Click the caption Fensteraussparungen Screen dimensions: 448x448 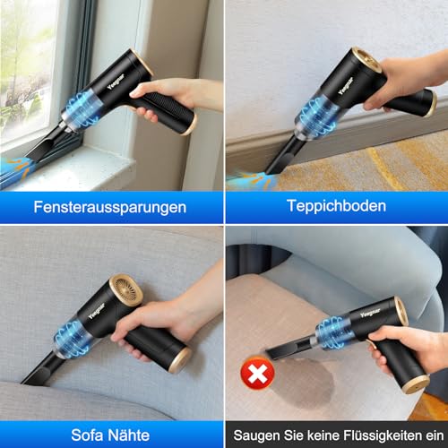point(110,207)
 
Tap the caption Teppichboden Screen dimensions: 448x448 point(336,206)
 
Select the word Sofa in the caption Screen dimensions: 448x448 point(88,435)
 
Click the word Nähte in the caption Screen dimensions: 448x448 point(129,435)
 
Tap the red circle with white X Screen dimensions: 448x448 point(257,373)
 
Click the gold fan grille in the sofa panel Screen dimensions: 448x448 point(126,290)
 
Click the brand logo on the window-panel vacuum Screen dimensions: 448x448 point(116,82)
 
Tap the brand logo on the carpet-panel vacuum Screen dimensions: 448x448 point(346,86)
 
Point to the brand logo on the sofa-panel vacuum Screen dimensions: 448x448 point(97,311)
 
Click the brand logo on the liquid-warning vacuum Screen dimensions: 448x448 point(370,313)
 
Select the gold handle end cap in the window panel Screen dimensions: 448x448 point(189,125)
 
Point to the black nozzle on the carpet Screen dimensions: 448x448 point(283,155)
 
